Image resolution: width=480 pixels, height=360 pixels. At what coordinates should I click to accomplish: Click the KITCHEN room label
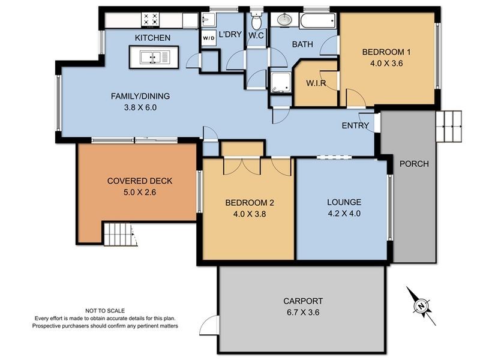tap(152, 38)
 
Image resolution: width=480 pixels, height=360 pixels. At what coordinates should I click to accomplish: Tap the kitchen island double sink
tap(154, 58)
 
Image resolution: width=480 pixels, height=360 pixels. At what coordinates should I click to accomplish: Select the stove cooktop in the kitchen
tap(151, 20)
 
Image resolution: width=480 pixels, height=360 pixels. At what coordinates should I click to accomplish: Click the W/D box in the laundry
tap(209, 38)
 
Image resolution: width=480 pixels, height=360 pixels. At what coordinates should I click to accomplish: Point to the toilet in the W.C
tap(256, 22)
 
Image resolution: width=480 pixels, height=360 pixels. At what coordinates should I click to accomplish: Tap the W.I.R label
tap(316, 83)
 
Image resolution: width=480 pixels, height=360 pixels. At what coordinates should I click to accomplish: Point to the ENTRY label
tap(355, 125)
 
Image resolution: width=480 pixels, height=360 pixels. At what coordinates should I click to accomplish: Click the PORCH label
tap(414, 164)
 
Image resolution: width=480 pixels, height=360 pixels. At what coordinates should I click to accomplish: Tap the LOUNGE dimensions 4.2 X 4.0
tap(344, 213)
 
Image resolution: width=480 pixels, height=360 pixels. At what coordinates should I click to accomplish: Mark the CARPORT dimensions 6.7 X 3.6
tap(303, 312)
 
